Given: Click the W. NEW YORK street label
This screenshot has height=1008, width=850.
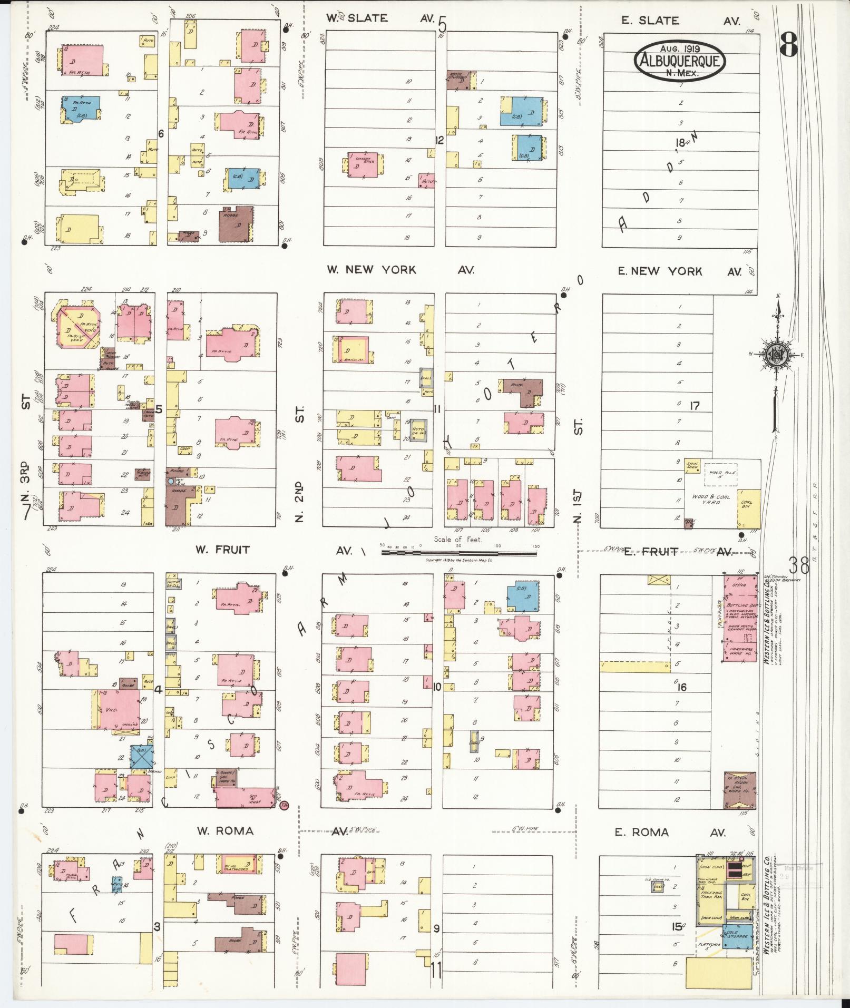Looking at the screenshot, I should click(x=372, y=270).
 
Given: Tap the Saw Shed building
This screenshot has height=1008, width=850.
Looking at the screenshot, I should click(x=692, y=465).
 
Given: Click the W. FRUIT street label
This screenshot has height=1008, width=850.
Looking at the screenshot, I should click(x=223, y=550).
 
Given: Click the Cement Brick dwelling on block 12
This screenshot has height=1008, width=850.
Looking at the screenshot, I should click(x=363, y=165).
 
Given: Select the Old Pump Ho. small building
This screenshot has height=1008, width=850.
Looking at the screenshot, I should click(x=658, y=886).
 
